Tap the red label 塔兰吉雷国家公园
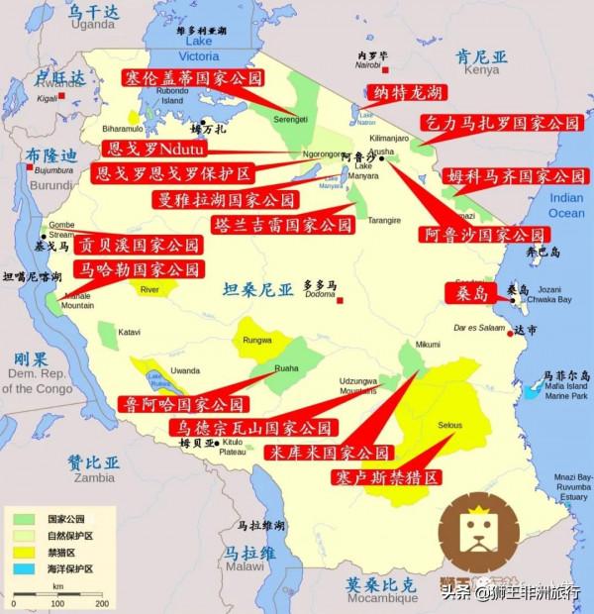click(x=282, y=225)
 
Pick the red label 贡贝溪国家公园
click(x=130, y=244)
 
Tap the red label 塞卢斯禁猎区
click(x=386, y=477)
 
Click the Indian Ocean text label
click(x=565, y=206)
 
